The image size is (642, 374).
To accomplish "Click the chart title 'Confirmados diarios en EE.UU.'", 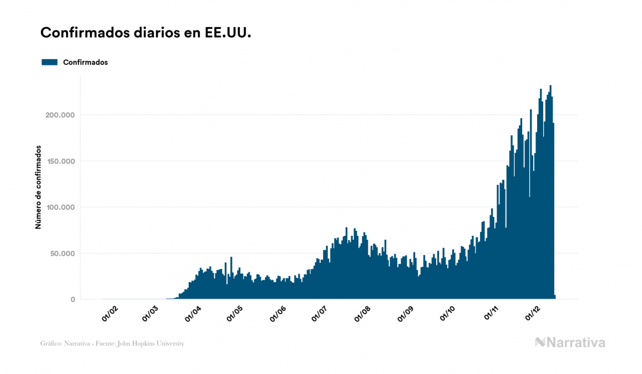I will [146, 33].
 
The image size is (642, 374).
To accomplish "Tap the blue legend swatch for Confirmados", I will [49, 62].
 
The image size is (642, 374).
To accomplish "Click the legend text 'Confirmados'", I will [85, 62].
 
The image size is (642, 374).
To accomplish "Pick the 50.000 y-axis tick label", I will [60, 254].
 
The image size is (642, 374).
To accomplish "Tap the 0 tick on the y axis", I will [73, 300].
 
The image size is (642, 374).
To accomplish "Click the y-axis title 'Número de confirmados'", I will [38, 188].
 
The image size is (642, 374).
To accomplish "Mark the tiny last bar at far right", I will [554, 297].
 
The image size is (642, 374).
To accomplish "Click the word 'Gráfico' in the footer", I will [50, 343].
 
